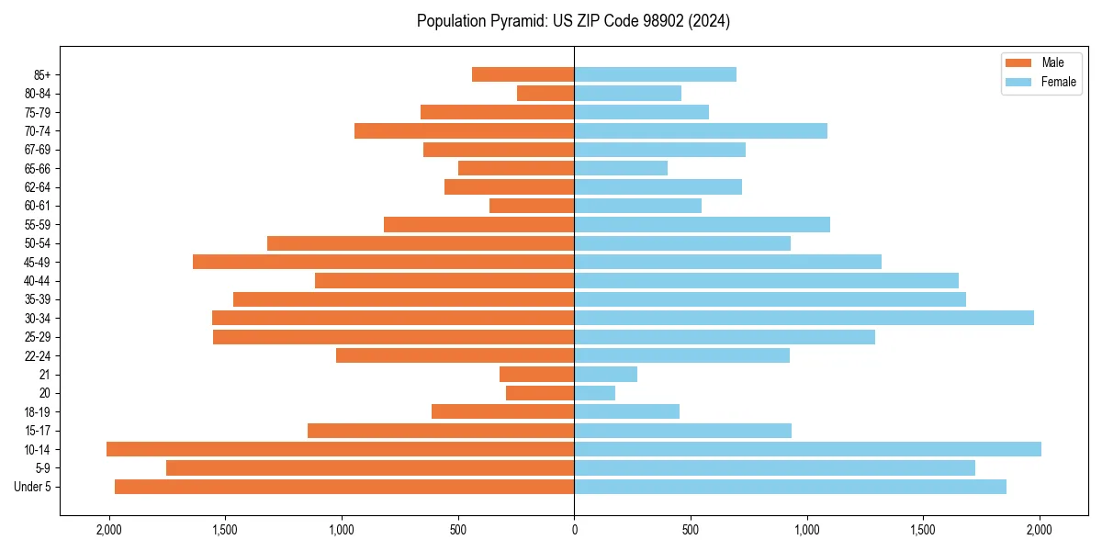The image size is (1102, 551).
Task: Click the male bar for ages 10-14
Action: point(340,449)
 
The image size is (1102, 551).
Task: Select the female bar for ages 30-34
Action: point(804,318)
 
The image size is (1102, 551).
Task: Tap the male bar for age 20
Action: point(540,393)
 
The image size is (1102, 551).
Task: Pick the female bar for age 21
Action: point(605,374)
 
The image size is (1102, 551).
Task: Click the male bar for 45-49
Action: point(383,262)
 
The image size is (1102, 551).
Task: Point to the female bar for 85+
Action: point(655,74)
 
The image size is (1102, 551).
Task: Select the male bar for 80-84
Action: point(545,93)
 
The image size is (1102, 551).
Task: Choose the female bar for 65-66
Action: point(621,168)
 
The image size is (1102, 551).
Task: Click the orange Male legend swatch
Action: point(1019,62)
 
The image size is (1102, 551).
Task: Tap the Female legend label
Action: point(1058,82)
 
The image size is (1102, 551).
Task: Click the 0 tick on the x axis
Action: point(574,530)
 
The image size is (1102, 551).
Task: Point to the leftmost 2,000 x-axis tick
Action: point(109,530)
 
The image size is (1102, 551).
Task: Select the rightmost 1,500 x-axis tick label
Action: point(923,530)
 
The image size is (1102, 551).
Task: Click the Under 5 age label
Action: point(32,487)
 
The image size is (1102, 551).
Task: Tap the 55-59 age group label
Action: point(38,224)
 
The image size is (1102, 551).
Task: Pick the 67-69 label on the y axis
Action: point(38,150)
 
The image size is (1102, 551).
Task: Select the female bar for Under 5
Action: point(790,487)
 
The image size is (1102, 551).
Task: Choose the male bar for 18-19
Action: point(502,411)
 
